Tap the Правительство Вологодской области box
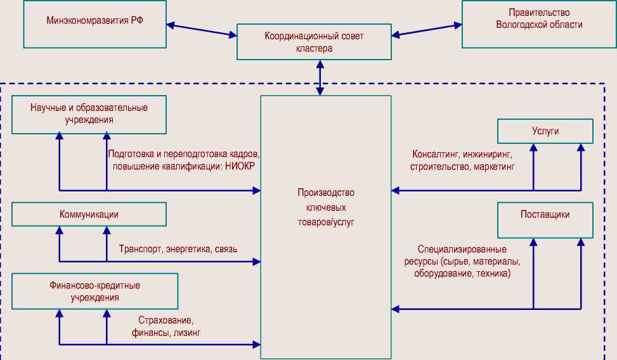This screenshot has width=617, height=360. tap(539, 24)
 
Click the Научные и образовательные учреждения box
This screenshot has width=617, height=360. tap(89, 114)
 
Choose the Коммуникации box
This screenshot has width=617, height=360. tap(89, 214)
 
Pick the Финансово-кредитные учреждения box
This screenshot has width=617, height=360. tap(94, 291)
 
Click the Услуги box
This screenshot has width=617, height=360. tap(545, 131)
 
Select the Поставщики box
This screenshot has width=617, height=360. tap(545, 219)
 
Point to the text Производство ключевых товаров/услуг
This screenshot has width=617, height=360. tap(326, 207)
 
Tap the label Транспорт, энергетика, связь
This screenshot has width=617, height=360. tap(178, 249)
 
